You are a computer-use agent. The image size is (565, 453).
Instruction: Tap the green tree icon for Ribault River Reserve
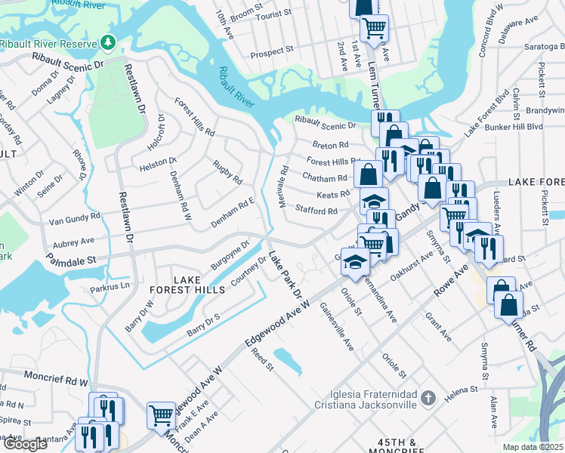coord(110,41)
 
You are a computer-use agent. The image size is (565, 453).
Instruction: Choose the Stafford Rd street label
coord(316,211)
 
